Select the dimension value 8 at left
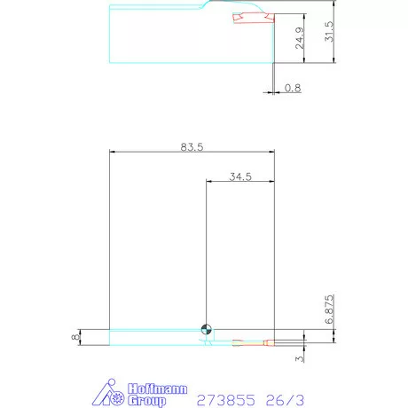(x=76, y=336)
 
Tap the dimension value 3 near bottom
(x=301, y=358)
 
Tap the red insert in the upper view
(x=248, y=19)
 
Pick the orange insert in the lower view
(x=248, y=341)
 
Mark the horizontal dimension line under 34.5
(x=239, y=183)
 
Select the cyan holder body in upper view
(x=160, y=35)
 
